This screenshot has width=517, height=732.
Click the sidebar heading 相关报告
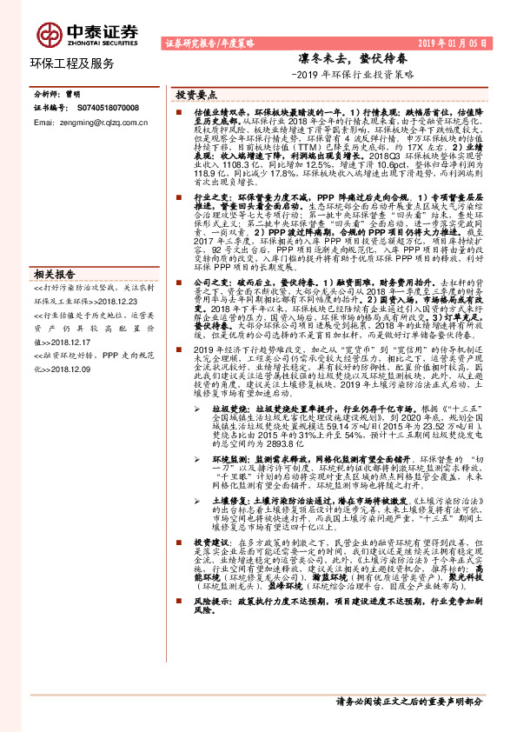(x=56, y=274)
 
